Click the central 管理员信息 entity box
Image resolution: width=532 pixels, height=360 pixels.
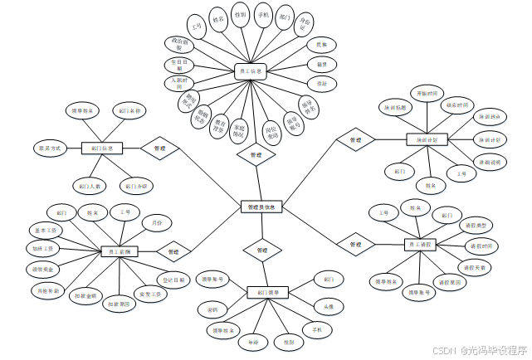coord(263,207)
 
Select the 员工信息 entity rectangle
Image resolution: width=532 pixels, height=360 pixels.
coord(249,72)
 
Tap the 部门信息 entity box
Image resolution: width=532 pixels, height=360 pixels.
coord(102,148)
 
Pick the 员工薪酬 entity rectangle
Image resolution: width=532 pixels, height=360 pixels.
coord(120,251)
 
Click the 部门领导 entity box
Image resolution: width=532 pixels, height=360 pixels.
coord(268,292)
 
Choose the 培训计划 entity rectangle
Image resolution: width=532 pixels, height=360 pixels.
coord(427,139)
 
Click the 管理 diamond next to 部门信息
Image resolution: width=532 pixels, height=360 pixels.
coord(160,148)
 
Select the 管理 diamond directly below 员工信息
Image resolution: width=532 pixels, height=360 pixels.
coord(256,154)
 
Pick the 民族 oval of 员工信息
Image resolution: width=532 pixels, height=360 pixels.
coord(321,44)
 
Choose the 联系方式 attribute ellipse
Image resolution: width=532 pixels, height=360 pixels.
coord(49,148)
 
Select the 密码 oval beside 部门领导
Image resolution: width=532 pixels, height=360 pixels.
coord(212,309)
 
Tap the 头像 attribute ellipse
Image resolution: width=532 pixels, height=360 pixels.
coord(329,306)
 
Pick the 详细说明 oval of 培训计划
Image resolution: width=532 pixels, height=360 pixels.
coord(488,162)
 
